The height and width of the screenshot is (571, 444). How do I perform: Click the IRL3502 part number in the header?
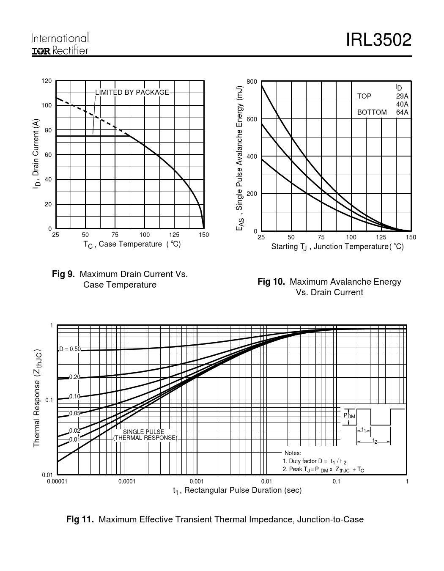click(378, 40)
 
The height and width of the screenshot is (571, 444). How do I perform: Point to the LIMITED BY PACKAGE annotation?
click(132, 92)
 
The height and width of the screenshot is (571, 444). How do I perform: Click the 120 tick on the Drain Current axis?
click(47, 81)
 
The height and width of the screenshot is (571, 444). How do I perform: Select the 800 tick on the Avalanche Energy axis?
click(252, 82)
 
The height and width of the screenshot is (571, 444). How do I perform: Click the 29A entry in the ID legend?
click(402, 96)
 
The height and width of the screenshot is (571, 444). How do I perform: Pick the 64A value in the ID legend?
click(402, 113)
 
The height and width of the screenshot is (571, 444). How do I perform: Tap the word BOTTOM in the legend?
click(372, 113)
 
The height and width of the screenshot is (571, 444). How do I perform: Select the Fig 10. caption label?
click(271, 282)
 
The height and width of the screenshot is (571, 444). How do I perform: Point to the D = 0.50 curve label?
click(70, 349)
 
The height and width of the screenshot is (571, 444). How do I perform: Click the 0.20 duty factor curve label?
click(74, 377)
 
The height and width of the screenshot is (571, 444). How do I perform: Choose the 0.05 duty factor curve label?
click(74, 413)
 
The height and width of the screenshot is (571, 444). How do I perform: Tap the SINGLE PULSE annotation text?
click(143, 432)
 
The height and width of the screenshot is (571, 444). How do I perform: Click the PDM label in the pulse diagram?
click(350, 416)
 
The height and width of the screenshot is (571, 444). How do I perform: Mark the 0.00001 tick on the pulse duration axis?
click(57, 481)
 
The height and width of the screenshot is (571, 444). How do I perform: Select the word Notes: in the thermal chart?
click(293, 453)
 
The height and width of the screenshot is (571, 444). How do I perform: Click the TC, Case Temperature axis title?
click(132, 244)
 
